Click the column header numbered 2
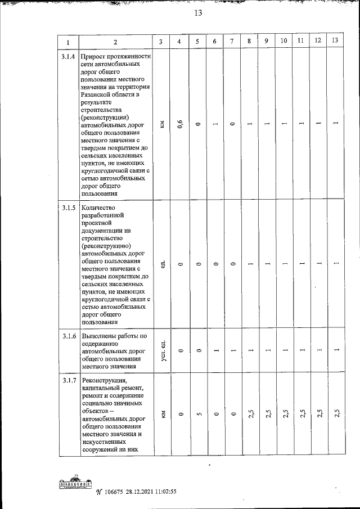coord(115,43)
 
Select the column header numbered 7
coord(232,42)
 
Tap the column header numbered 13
coord(335,40)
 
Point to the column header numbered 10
coord(283,41)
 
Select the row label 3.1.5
coord(68,208)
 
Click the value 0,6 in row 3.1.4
coord(179,124)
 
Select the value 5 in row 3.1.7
coord(197,415)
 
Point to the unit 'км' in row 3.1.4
coord(161,124)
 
